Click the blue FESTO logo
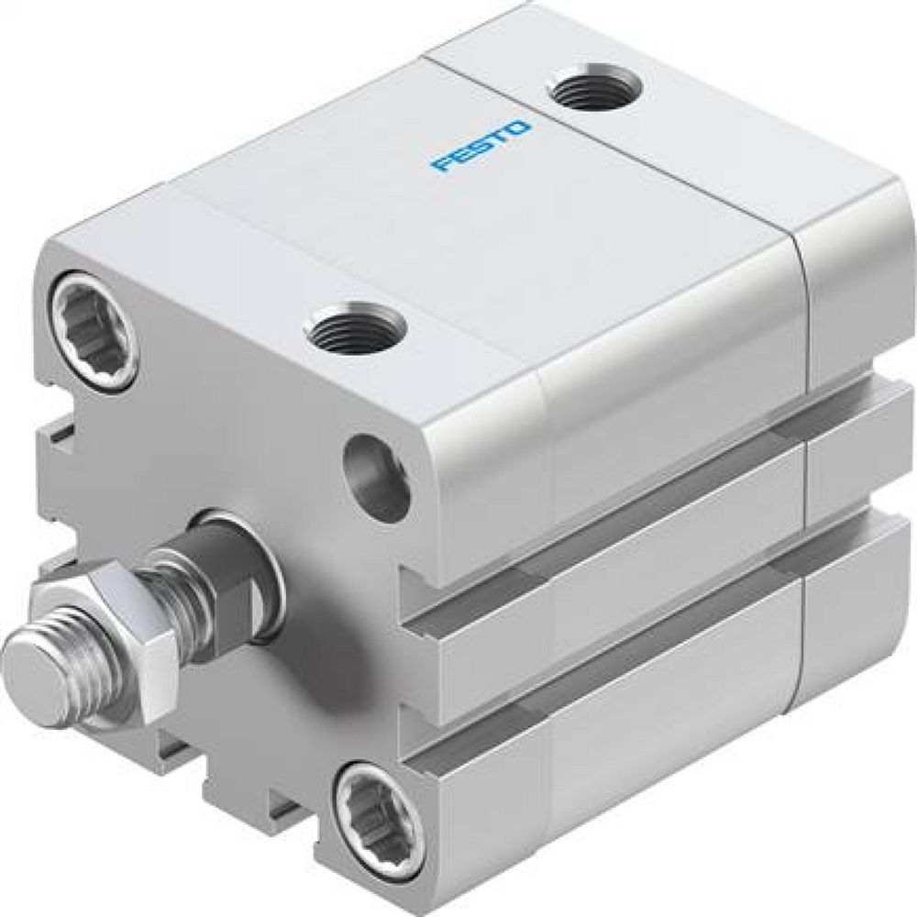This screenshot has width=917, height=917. click(481, 145)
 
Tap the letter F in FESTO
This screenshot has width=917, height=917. click(444, 165)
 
